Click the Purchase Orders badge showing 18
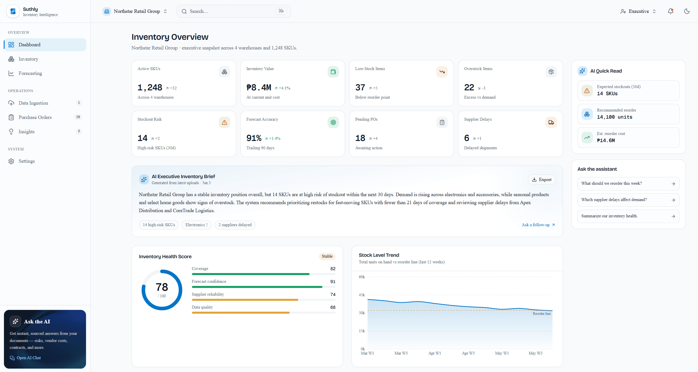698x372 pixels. (x=78, y=117)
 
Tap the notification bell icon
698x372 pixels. (x=671, y=11)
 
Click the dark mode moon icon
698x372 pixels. (x=687, y=11)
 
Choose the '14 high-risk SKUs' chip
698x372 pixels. (x=159, y=225)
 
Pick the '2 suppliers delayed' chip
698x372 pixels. (x=235, y=225)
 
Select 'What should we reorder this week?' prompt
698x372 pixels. (x=628, y=184)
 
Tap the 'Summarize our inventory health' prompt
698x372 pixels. (x=628, y=216)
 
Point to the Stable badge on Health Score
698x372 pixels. (x=327, y=256)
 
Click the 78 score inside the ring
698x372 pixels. (x=162, y=287)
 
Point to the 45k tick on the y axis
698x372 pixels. (x=362, y=295)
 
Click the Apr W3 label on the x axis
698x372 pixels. (x=468, y=353)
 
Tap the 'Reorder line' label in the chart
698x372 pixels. (x=542, y=314)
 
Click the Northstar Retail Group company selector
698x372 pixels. (x=135, y=11)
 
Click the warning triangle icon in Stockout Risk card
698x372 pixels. (x=224, y=122)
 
